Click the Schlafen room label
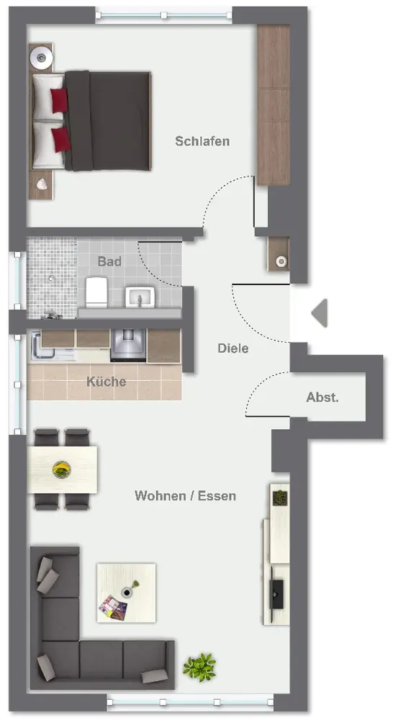pyautogui.click(x=202, y=141)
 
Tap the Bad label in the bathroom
pyautogui.click(x=109, y=262)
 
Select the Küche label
pyautogui.click(x=106, y=382)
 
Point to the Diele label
pyautogui.click(x=232, y=348)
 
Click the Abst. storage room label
pyautogui.click(x=322, y=397)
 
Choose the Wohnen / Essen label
pyautogui.click(x=185, y=496)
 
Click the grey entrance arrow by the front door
pyautogui.click(x=320, y=313)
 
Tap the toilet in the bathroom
pyautogui.click(x=96, y=292)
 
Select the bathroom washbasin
pyautogui.click(x=140, y=297)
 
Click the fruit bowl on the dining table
pyautogui.click(x=61, y=469)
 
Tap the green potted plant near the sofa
pyautogui.click(x=199, y=667)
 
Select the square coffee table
pyautogui.click(x=126, y=593)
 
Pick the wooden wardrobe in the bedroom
pyautogui.click(x=274, y=104)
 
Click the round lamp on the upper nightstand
pyautogui.click(x=42, y=58)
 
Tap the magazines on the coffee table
pyautogui.click(x=114, y=608)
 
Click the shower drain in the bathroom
pyautogui.click(x=52, y=277)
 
